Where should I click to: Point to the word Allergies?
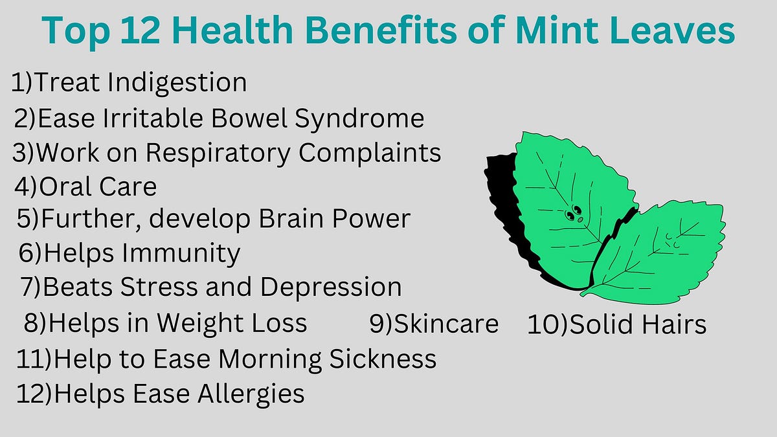[x=253, y=393]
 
